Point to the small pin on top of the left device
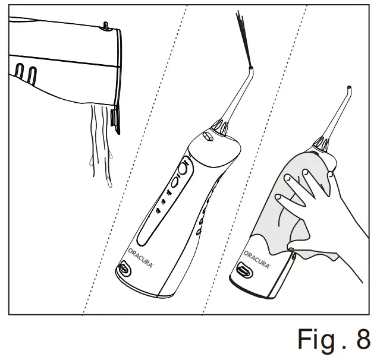[105, 25]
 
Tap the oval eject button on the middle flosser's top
[208, 137]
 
